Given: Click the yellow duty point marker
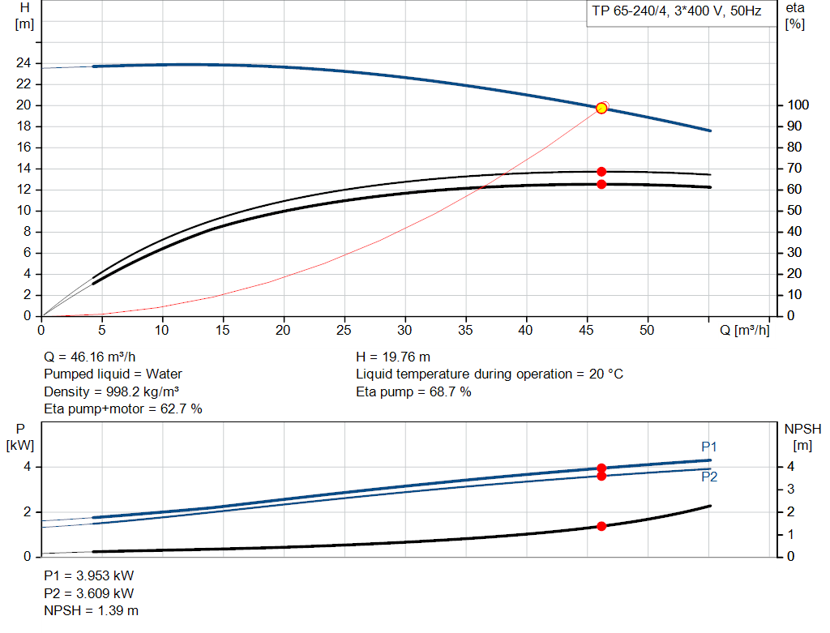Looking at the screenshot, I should click(601, 108).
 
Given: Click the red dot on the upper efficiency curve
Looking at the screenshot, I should click(601, 171).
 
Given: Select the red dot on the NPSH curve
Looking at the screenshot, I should click(601, 526).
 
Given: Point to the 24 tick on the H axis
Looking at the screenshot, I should click(24, 63).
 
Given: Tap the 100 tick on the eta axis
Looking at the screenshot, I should click(796, 105).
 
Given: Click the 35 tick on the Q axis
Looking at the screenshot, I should click(465, 330).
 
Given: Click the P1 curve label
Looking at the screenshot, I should click(709, 447).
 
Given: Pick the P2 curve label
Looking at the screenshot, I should click(709, 477).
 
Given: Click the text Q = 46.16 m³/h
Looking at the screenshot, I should click(90, 357).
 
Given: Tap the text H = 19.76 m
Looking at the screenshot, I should click(393, 357).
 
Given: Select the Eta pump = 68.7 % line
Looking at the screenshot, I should click(413, 391).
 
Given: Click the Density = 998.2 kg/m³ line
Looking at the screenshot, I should click(111, 391).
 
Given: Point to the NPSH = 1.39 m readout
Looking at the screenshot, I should click(91, 610).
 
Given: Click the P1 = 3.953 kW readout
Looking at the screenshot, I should click(88, 575).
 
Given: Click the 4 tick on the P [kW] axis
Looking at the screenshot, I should click(27, 467).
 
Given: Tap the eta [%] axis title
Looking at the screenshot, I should click(795, 15).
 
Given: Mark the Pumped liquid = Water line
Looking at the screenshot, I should click(113, 374).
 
